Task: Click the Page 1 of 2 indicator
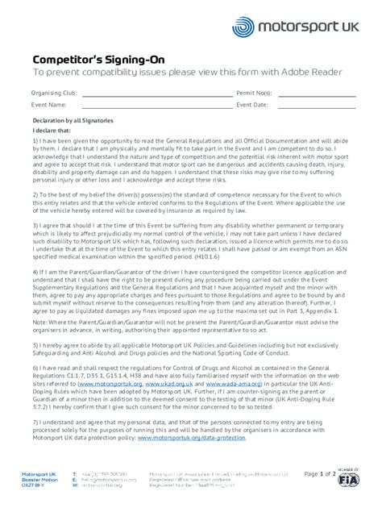pos(321,473)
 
